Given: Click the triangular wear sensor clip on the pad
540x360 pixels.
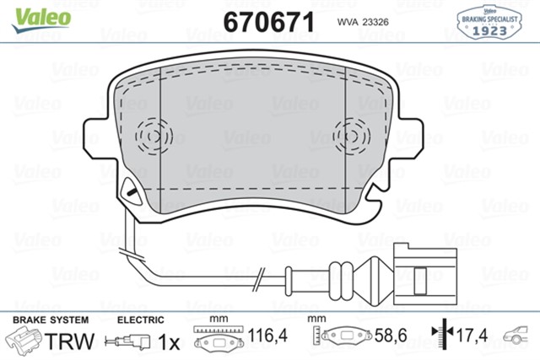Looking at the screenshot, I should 131,191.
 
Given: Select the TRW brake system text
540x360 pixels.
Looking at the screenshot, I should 67,341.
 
